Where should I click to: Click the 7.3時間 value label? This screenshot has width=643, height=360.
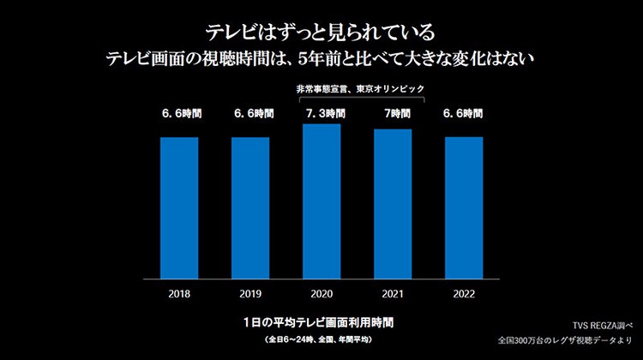tap(321, 113)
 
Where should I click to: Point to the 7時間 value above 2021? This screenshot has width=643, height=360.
tap(393, 113)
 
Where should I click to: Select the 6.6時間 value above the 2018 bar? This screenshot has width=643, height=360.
tap(179, 113)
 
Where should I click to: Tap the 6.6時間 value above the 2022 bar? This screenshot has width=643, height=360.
tap(464, 113)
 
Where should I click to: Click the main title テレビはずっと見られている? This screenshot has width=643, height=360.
tap(321, 33)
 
